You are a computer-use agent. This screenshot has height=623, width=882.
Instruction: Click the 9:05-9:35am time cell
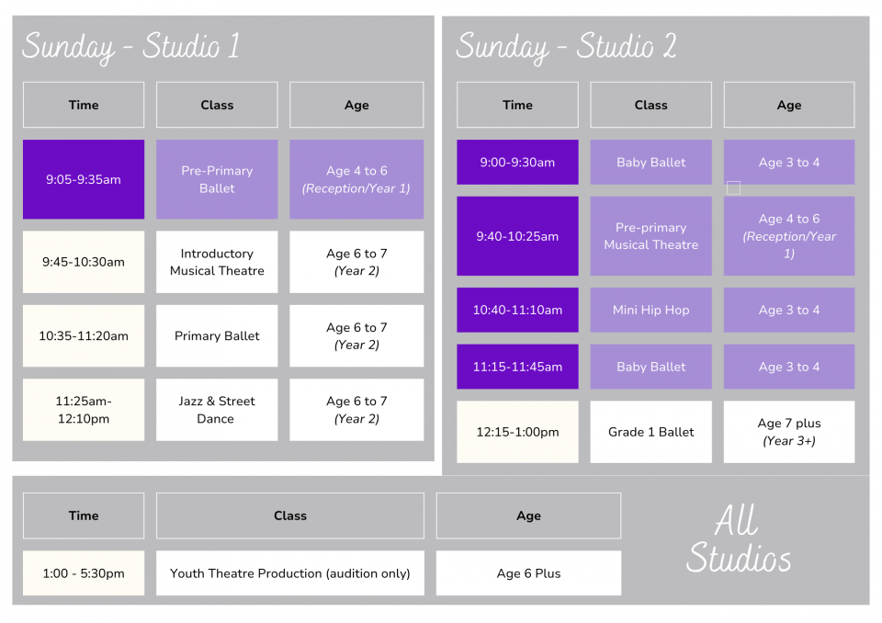[x=84, y=179]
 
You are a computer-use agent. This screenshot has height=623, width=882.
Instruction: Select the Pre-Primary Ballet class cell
[x=217, y=179]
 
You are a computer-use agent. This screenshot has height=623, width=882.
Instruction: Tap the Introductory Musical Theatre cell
[x=217, y=262]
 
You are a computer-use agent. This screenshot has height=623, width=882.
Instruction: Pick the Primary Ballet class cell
[x=217, y=336]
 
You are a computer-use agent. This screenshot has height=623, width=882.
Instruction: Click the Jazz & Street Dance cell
[x=217, y=410]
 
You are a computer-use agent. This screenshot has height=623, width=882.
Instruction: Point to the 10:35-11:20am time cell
[x=84, y=336]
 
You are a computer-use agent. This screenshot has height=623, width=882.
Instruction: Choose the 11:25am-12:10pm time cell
[x=84, y=410]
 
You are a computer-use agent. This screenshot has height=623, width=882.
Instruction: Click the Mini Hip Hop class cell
[x=650, y=310]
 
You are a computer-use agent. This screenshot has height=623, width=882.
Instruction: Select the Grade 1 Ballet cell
[x=650, y=432]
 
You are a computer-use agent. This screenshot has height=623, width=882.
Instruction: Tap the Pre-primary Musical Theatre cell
[x=650, y=236]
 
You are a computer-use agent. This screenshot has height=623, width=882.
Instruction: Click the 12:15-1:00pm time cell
[x=517, y=432]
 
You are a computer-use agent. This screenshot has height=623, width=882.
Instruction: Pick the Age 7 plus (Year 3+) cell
[x=789, y=432]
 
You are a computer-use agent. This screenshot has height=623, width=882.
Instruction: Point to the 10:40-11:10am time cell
[x=517, y=310]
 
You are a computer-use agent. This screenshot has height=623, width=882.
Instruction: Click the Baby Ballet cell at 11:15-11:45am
[x=650, y=367]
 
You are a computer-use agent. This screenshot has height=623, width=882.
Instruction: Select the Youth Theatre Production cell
[x=290, y=572]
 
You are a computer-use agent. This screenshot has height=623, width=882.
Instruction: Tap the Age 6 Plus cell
[x=529, y=572]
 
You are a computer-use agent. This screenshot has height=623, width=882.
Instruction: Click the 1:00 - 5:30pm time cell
[x=84, y=572]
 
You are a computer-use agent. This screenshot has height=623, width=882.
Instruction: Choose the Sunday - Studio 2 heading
[x=566, y=46]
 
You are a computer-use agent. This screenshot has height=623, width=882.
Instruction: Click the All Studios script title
[x=738, y=539]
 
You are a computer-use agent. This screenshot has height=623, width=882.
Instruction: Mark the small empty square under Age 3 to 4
[x=733, y=188]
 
